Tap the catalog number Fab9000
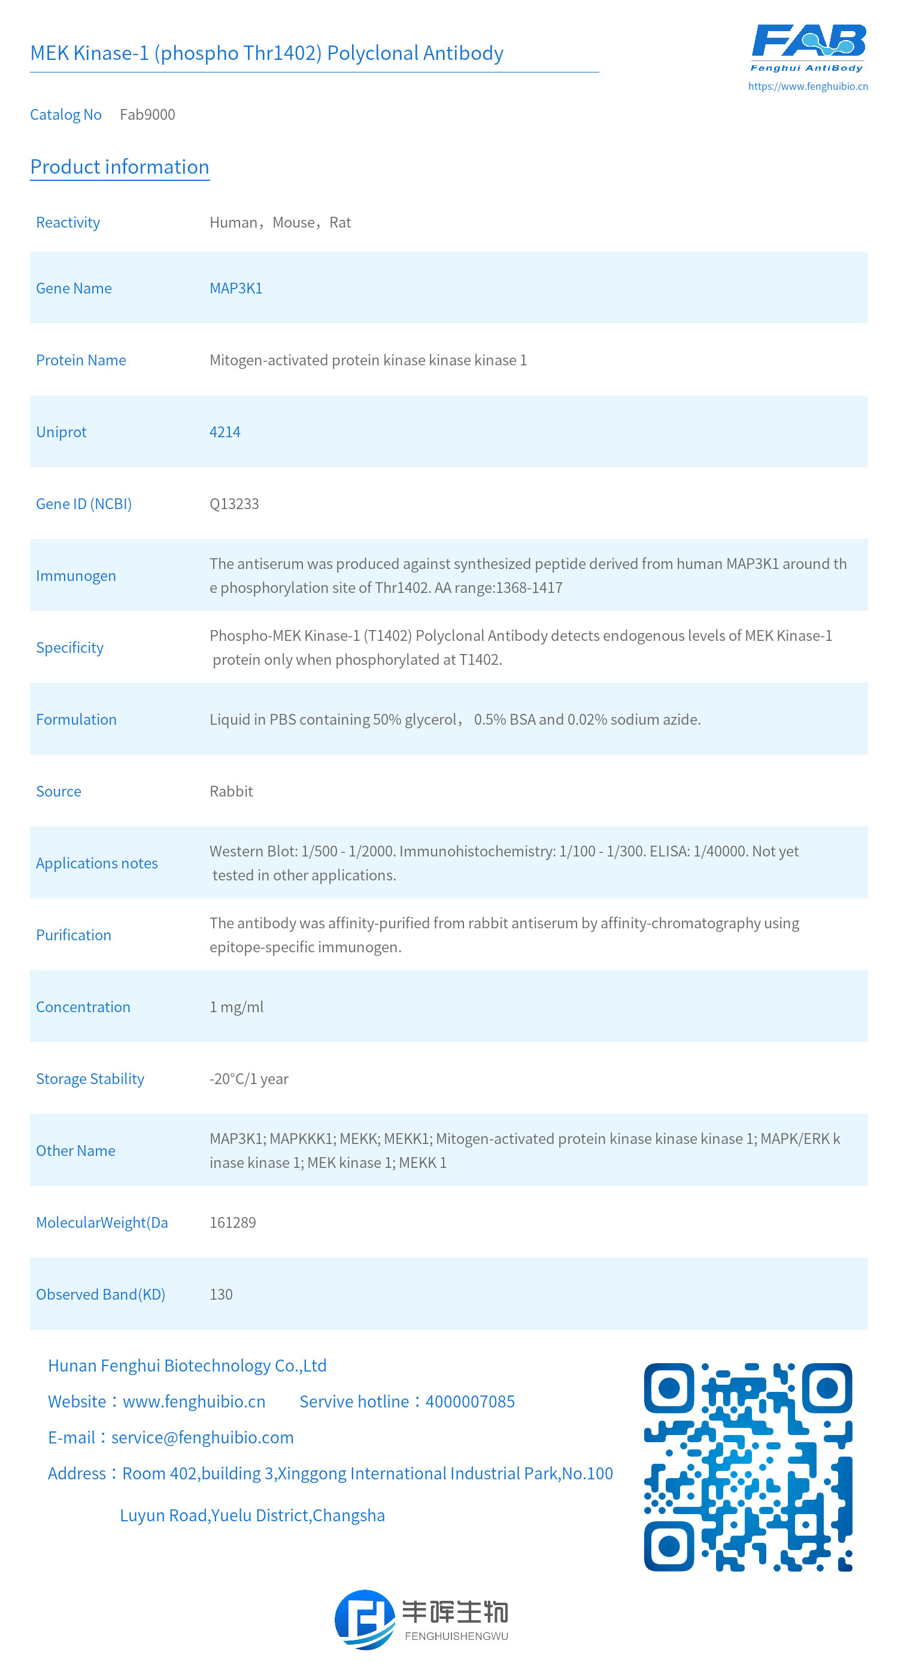pyautogui.click(x=147, y=114)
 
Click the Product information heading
pyautogui.click(x=120, y=167)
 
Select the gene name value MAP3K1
pyautogui.click(x=235, y=289)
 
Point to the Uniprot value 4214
pyautogui.click(x=224, y=432)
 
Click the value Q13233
pyautogui.click(x=233, y=504)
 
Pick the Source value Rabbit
pyautogui.click(x=231, y=792)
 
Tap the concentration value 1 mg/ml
pyautogui.click(x=236, y=1007)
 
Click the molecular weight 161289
pyautogui.click(x=232, y=1222)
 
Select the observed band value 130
pyautogui.click(x=220, y=1294)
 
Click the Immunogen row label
pyautogui.click(x=76, y=576)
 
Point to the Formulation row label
pyautogui.click(x=76, y=719)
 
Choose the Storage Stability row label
pyautogui.click(x=90, y=1079)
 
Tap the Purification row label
pyautogui.click(x=74, y=936)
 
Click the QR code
pyautogui.click(x=748, y=1467)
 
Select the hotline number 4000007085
pyautogui.click(x=470, y=1401)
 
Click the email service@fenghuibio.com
pyautogui.click(x=202, y=1437)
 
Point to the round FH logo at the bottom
pyautogui.click(x=365, y=1620)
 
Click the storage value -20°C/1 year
pyautogui.click(x=248, y=1079)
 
